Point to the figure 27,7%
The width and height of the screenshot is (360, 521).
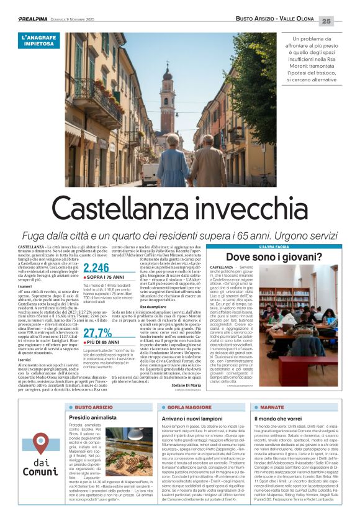(x=97, y=315)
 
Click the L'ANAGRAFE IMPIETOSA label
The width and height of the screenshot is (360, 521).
(x=40, y=41)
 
